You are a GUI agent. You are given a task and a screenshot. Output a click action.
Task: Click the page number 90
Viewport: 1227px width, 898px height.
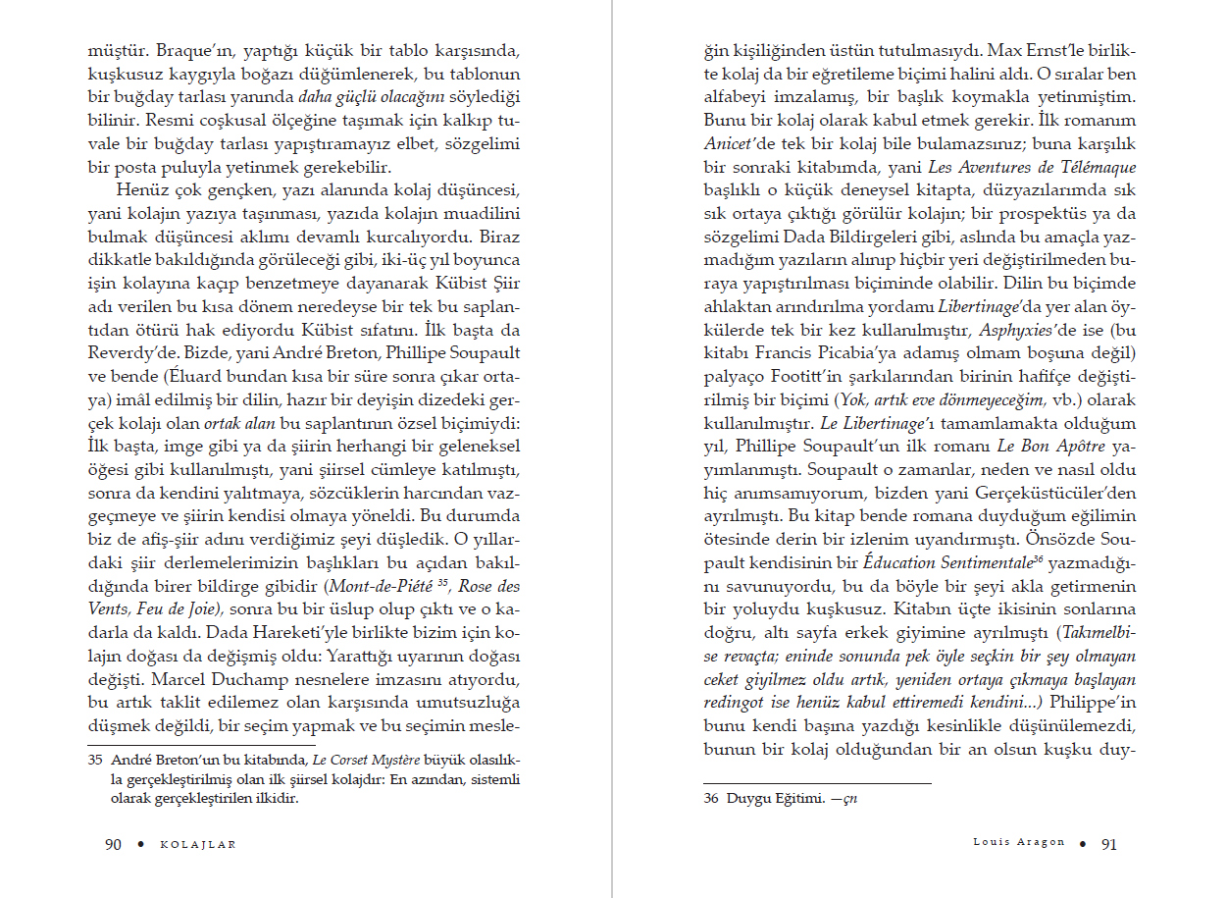point(113,844)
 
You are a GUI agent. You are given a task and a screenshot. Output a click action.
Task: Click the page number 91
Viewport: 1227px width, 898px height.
point(1109,843)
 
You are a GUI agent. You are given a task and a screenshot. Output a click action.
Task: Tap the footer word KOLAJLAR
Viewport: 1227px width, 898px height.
point(198,845)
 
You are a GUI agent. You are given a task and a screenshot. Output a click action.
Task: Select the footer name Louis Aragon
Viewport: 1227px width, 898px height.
point(1020,843)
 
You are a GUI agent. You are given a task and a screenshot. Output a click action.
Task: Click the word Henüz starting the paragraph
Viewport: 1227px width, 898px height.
point(143,189)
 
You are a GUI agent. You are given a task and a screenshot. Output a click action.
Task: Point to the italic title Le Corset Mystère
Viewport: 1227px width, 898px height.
point(365,761)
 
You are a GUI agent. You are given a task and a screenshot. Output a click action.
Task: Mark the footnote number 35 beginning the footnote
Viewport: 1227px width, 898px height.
point(96,761)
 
